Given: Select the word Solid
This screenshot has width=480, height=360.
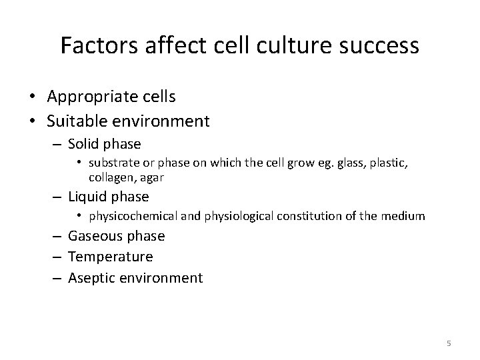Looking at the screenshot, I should coord(86,144).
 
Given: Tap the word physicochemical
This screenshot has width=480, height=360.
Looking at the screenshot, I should coord(133,216).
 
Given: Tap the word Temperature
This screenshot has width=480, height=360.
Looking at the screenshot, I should coord(111,257).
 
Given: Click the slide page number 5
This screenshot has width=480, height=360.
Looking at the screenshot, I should coord(449,343).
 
